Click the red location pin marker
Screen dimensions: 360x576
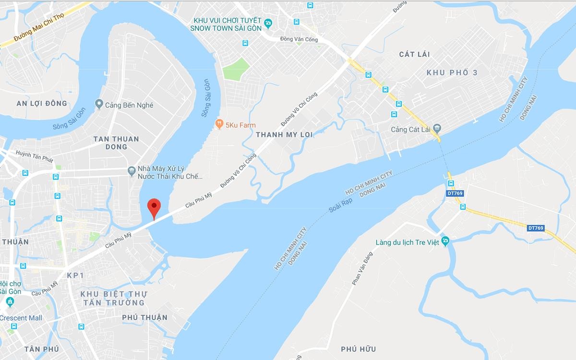pos(153,207)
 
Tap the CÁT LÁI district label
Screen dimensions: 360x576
pos(414,54)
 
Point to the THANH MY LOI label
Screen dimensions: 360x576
pos(284,135)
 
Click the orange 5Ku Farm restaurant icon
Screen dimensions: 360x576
pos(219,123)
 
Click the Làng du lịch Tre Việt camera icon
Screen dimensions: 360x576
pos(446,241)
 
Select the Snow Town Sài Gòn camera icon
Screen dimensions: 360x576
pos(268,22)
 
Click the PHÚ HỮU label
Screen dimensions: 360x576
pos(358,349)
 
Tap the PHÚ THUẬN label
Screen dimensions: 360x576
pos(144,317)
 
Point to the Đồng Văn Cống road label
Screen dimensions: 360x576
pos(300,39)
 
